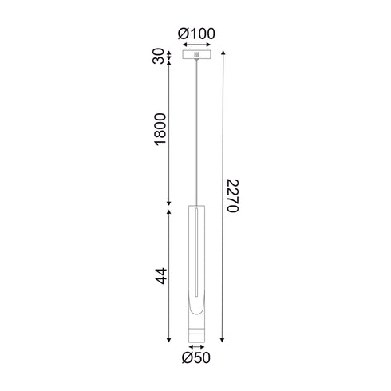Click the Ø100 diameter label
195,34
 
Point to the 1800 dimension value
160,132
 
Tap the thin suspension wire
195,128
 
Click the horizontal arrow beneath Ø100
195,45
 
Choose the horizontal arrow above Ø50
195,347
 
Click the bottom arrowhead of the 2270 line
220,340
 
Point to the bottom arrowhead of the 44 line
169,340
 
